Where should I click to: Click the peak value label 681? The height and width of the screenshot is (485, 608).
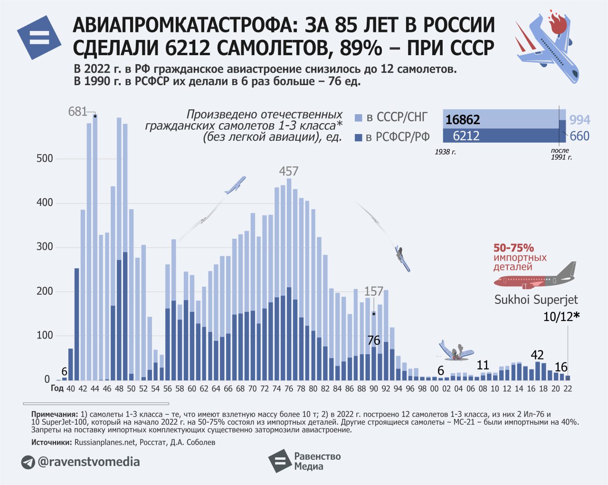click(x=77, y=112)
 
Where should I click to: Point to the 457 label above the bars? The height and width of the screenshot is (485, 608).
click(x=288, y=171)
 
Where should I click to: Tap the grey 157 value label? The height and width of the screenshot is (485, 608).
click(x=373, y=291)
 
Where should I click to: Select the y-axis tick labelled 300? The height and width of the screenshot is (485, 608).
click(x=45, y=247)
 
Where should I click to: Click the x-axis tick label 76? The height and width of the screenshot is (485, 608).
click(x=288, y=388)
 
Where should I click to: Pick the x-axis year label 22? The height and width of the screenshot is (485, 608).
click(x=567, y=388)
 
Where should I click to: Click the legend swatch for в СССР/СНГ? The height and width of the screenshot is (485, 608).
click(x=359, y=118)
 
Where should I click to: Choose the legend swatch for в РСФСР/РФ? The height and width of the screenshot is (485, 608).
click(x=359, y=138)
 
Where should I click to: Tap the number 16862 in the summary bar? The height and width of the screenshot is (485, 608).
click(x=463, y=120)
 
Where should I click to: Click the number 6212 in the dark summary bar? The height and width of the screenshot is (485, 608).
click(x=466, y=136)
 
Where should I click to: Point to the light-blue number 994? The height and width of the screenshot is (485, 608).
click(x=579, y=120)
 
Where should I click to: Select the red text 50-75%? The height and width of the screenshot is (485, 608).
click(x=513, y=248)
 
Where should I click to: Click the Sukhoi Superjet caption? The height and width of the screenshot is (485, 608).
click(x=536, y=300)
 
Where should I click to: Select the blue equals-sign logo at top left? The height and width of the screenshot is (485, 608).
click(x=39, y=38)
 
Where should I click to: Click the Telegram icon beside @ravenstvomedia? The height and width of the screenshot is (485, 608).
click(x=28, y=462)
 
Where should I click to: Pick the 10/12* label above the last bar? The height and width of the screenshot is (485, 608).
click(x=561, y=317)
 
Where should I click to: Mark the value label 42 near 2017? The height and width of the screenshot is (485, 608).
click(x=537, y=355)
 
